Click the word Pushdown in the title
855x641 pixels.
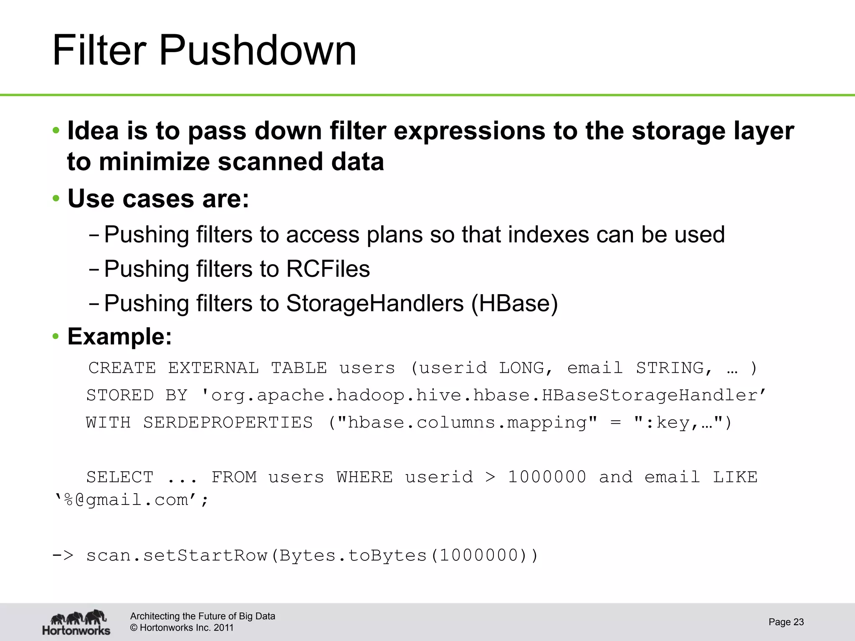click(258, 51)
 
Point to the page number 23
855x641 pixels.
click(798, 622)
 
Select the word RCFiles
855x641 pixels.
click(328, 268)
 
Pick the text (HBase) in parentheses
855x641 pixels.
click(514, 303)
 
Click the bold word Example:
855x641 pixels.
click(120, 336)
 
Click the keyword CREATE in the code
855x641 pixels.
click(122, 368)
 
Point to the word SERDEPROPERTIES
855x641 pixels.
click(228, 422)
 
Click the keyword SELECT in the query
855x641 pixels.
click(120, 477)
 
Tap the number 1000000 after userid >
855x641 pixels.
click(547, 477)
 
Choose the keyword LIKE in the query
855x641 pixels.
click(735, 477)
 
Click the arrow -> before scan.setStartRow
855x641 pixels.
click(63, 555)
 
